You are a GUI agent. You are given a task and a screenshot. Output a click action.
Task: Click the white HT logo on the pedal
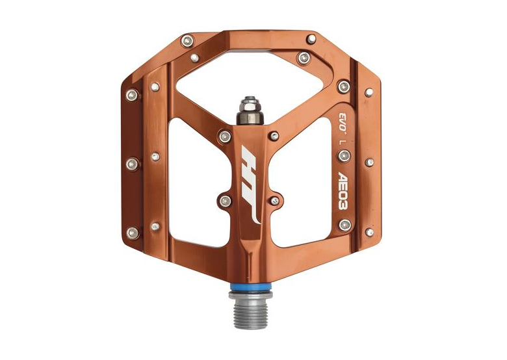click(252, 184)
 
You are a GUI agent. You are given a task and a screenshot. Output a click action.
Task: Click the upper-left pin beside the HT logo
click(225, 136)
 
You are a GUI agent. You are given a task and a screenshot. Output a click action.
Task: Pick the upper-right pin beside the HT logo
click(274, 136)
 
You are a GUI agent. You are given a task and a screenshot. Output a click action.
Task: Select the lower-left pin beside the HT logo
click(225, 201)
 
